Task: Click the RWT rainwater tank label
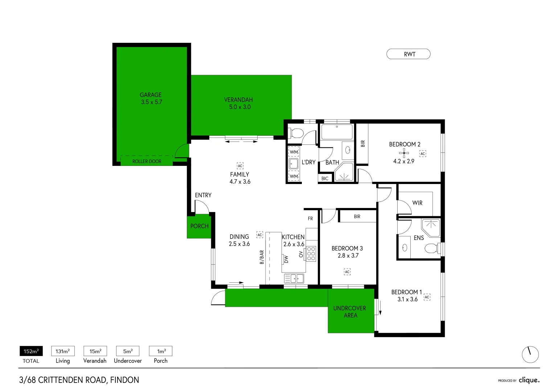click(x=409, y=54)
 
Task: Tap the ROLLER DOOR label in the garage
click(x=147, y=161)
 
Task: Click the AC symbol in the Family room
click(x=240, y=166)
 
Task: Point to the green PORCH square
click(x=199, y=227)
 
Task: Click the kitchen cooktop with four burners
click(x=311, y=254)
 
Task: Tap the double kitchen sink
click(x=294, y=278)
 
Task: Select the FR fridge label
click(x=310, y=219)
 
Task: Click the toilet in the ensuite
click(x=431, y=249)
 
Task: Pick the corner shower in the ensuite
click(x=431, y=227)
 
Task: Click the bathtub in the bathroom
click(x=337, y=132)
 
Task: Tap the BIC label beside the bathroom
click(x=325, y=179)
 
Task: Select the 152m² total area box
click(x=31, y=351)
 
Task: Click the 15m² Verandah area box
click(x=95, y=351)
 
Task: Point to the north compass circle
click(x=530, y=354)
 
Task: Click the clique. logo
click(x=529, y=380)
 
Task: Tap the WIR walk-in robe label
click(x=417, y=203)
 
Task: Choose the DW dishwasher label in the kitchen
click(x=286, y=259)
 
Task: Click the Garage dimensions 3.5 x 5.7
click(x=152, y=102)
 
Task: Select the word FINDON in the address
click(x=124, y=380)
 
